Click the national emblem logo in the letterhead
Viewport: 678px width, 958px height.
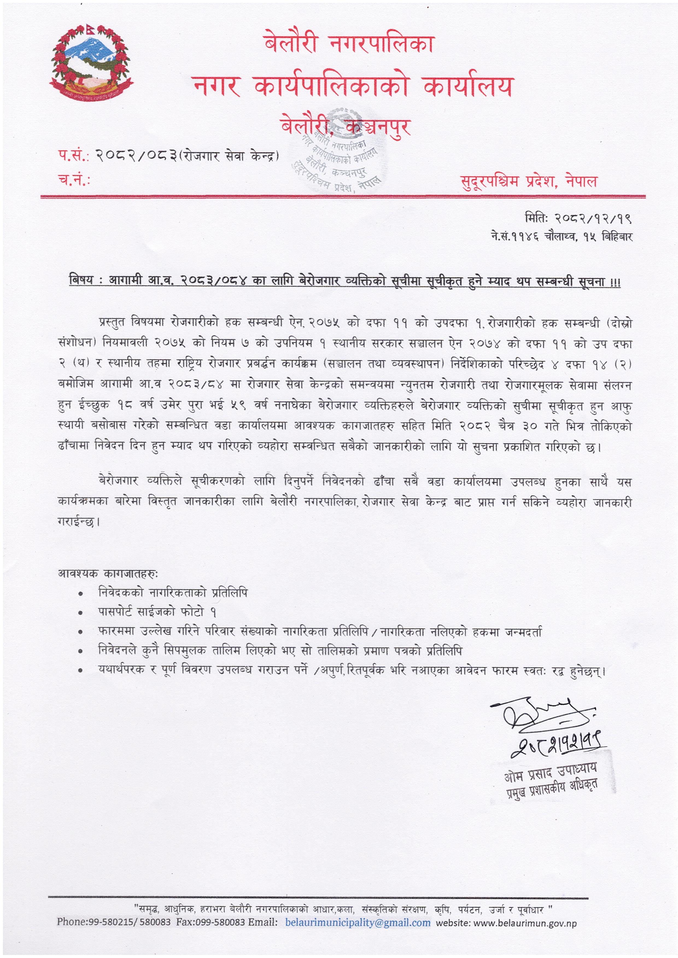pyautogui.click(x=91, y=63)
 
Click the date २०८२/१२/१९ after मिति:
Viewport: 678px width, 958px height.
pyautogui.click(x=592, y=218)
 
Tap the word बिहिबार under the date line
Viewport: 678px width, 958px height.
pyautogui.click(x=617, y=237)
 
